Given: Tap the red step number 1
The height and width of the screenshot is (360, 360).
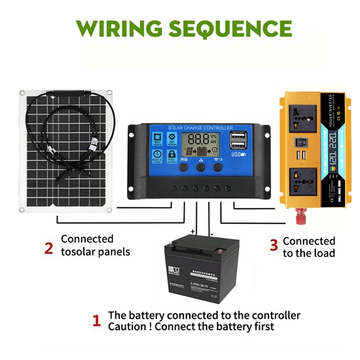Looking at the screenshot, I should click(x=96, y=321).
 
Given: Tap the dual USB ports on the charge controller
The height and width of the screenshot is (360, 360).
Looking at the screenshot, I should click(x=237, y=140).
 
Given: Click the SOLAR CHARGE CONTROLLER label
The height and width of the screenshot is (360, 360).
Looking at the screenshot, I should click(x=201, y=128).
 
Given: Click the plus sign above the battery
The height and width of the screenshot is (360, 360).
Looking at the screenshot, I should click(x=193, y=231).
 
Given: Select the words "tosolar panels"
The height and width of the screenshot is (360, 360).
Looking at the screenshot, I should click(x=95, y=252).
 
